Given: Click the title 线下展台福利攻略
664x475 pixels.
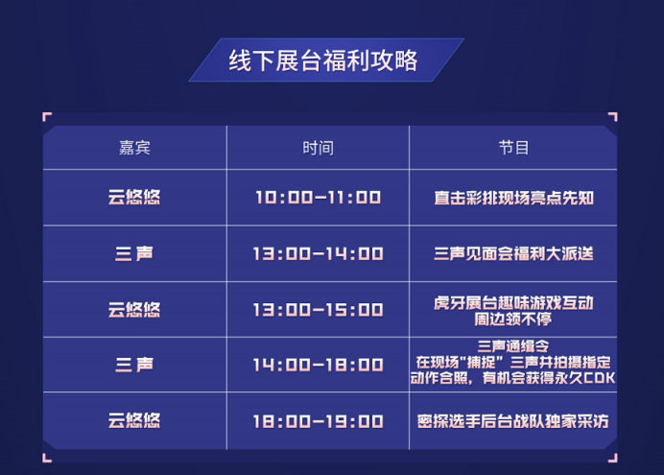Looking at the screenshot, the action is [323, 60].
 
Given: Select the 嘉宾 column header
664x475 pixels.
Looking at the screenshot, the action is [134, 148].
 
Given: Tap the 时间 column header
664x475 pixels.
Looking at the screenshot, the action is [318, 148].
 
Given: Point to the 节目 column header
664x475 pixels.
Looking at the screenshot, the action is [513, 148].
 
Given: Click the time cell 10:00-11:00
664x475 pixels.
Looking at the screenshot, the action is [318, 198].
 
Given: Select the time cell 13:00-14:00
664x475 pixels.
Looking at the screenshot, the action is [318, 253].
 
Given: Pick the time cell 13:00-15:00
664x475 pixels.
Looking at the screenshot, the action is [318, 309].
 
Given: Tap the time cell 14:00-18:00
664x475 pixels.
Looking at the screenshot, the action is [318, 365].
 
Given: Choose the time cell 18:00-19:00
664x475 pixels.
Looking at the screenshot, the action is [318, 421].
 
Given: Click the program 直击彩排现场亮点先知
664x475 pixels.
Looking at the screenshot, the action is [513, 198].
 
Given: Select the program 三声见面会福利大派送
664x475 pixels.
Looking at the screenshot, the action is [513, 253].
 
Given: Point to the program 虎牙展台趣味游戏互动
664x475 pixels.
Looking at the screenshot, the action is [513, 302].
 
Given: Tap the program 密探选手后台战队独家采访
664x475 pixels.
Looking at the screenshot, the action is [512, 421].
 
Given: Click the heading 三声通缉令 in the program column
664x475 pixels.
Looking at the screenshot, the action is [512, 346].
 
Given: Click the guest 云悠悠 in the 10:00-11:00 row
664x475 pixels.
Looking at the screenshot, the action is [134, 198].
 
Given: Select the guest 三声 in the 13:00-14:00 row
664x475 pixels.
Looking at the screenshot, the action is [134, 253].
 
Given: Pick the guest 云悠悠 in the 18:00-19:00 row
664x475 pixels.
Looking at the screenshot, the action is [134, 421].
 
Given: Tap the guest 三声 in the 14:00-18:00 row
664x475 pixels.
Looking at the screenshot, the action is [134, 365].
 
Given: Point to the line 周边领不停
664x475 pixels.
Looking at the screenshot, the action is [512, 319].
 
